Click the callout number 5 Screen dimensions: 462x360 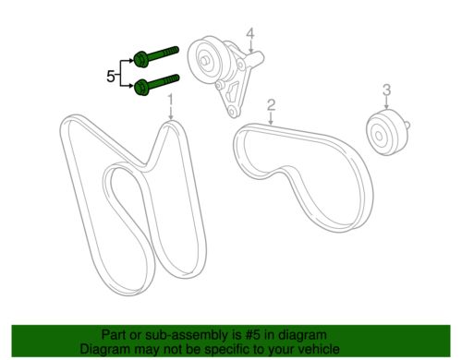(111, 76)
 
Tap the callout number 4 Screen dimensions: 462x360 (250, 33)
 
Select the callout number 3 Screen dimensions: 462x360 (386, 90)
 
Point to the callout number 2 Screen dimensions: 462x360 (271, 105)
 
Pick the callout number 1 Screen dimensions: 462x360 (170, 102)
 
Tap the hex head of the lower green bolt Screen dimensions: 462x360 (141, 87)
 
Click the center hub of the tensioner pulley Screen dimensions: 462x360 (204, 60)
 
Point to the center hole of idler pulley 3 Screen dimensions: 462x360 (379, 136)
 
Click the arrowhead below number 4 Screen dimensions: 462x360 (250, 50)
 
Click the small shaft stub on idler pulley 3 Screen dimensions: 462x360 (407, 125)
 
